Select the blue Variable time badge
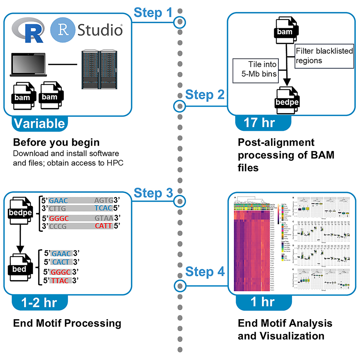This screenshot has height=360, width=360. tap(39, 124)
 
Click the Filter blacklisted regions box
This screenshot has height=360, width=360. tap(324, 56)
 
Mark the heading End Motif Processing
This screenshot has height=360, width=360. tap(67, 323)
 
